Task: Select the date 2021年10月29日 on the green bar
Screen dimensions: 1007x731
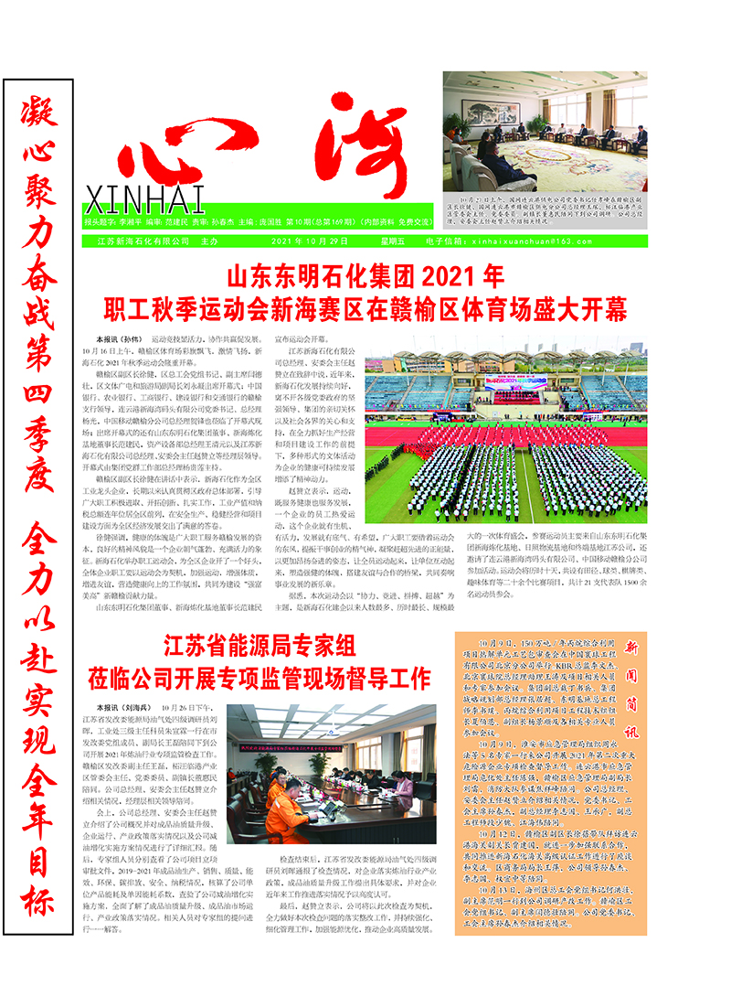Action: (x=310, y=241)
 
